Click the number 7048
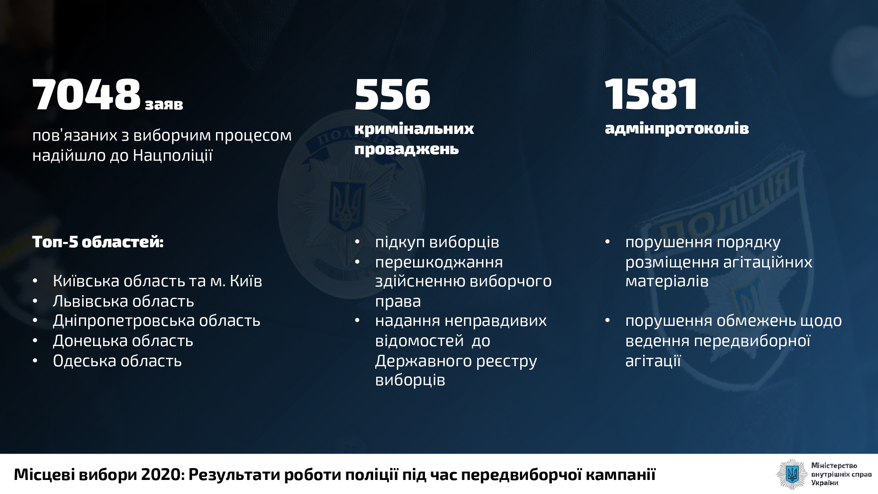(x=86, y=94)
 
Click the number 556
(x=392, y=94)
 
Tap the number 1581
(x=651, y=94)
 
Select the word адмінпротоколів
(x=677, y=129)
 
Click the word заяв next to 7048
(x=164, y=105)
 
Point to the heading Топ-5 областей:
(x=98, y=242)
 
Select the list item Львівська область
(x=123, y=301)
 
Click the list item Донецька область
(x=123, y=341)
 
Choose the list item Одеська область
(x=117, y=361)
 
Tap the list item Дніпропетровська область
(x=157, y=321)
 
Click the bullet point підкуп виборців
(x=437, y=242)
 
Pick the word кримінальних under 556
(x=414, y=129)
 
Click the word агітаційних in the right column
(x=766, y=262)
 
